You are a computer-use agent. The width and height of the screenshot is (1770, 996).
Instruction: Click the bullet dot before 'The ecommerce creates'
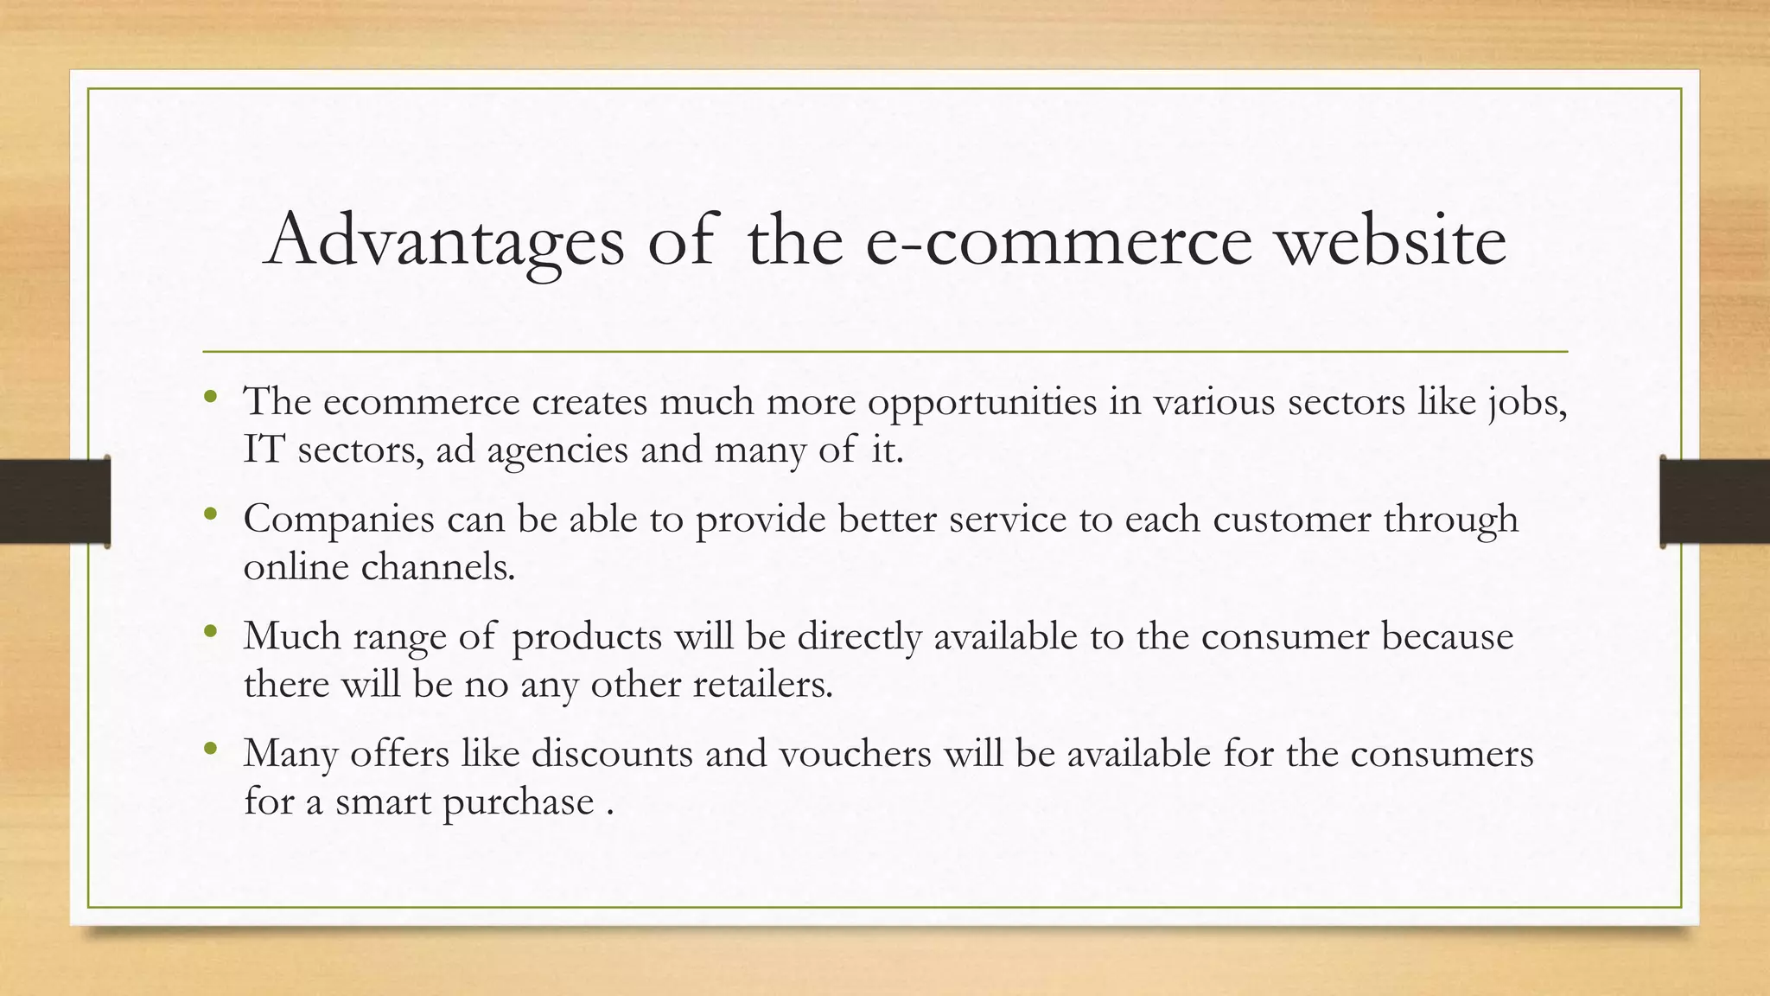(x=210, y=398)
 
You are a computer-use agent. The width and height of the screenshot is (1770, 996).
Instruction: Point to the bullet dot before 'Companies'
(x=210, y=515)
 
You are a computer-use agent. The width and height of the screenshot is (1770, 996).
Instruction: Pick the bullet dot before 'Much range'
(x=210, y=633)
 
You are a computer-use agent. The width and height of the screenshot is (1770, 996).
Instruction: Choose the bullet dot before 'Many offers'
(x=210, y=750)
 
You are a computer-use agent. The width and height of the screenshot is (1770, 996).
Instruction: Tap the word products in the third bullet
(x=587, y=638)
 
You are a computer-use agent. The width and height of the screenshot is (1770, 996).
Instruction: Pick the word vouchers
(x=855, y=754)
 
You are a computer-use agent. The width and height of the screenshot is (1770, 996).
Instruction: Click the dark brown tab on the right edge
(x=1715, y=502)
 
